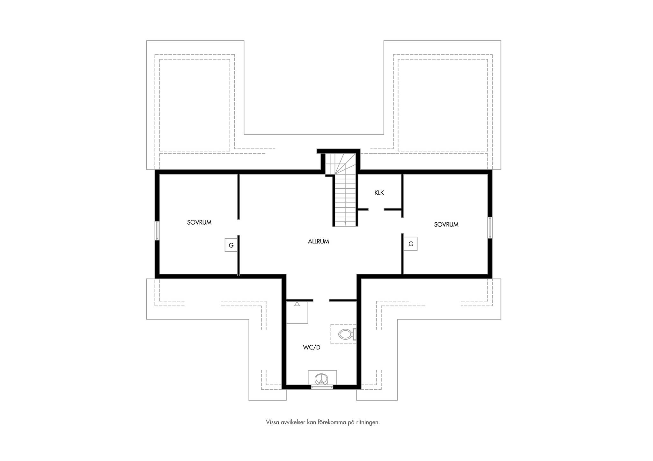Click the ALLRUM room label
click(318, 241)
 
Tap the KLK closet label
click(379, 193)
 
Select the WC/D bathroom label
click(312, 347)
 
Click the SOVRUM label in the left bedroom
click(199, 222)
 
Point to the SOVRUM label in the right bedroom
click(446, 225)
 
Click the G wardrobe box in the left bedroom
click(231, 245)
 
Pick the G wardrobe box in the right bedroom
click(411, 244)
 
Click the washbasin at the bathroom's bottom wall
click(322, 379)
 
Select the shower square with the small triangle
click(297, 313)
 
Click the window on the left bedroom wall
click(157, 231)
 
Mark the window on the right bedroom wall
click(490, 227)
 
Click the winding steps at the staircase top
click(340, 164)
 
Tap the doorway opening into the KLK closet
click(376, 209)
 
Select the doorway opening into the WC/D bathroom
click(321, 300)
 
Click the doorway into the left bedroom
click(238, 227)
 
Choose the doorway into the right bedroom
click(402, 226)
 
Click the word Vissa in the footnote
click(272, 422)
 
